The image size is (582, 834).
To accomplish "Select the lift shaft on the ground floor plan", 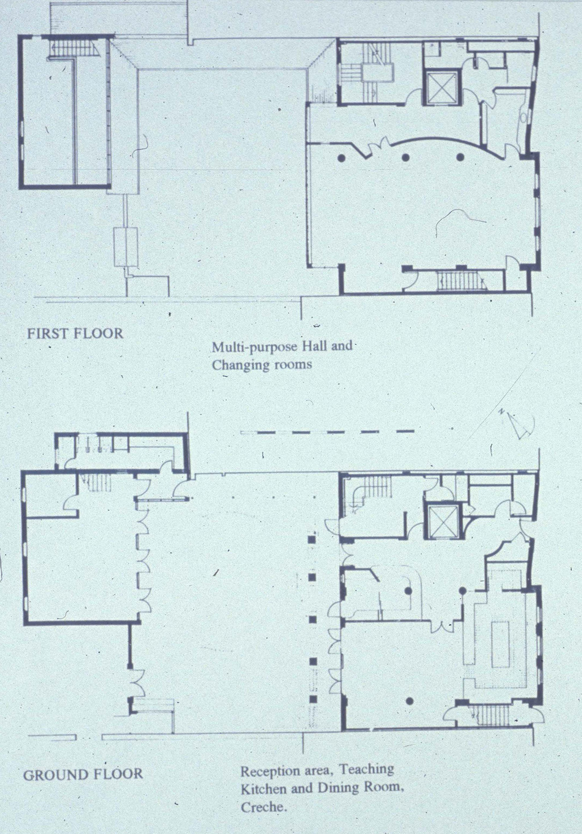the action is coord(443,522).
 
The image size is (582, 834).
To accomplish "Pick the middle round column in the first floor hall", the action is coord(405,157).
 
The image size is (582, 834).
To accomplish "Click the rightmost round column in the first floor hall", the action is coord(460,157).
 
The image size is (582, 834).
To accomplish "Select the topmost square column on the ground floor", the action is coord(312,540).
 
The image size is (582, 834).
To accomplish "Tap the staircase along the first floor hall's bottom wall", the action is coord(462,280).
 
